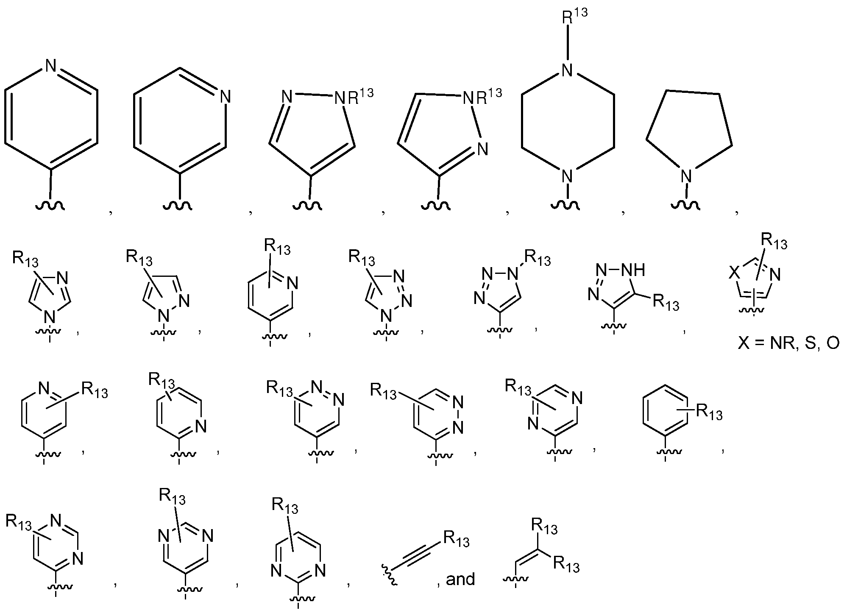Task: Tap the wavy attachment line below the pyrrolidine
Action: coord(686,204)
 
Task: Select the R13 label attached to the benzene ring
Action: coord(709,412)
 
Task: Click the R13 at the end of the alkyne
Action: coord(457,539)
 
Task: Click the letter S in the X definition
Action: coord(810,343)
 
